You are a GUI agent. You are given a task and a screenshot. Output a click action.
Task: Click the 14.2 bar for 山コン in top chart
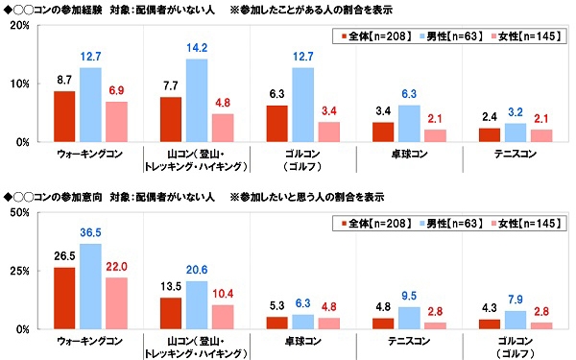point(198,101)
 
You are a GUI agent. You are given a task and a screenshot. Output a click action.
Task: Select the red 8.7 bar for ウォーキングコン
point(65,116)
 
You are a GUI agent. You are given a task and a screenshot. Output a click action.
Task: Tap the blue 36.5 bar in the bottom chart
point(91,286)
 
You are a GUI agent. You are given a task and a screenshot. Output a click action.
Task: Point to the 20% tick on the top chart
point(18,26)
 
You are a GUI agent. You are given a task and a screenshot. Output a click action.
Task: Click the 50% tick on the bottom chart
point(18,212)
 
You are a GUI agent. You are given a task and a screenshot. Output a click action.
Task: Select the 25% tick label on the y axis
point(18,271)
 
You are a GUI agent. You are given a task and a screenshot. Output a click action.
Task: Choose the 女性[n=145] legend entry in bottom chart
point(524,224)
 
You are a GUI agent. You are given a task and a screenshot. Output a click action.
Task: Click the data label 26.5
point(65,256)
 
